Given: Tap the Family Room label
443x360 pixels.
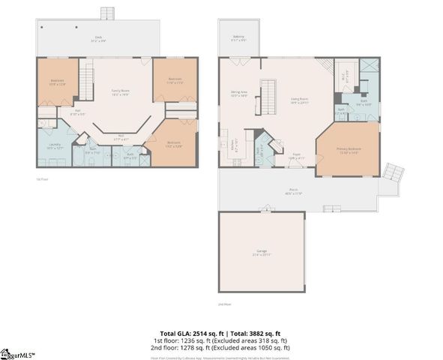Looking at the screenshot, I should [x=120, y=91].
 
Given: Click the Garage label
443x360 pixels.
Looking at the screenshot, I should [x=262, y=251].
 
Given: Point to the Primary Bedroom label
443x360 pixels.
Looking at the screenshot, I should [x=349, y=150].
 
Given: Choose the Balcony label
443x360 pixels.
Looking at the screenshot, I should [x=238, y=39].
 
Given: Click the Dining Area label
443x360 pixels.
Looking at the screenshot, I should [x=238, y=94].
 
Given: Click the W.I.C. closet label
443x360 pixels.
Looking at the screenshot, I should [x=346, y=73].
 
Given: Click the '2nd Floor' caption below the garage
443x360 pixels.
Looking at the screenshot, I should [x=224, y=304].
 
